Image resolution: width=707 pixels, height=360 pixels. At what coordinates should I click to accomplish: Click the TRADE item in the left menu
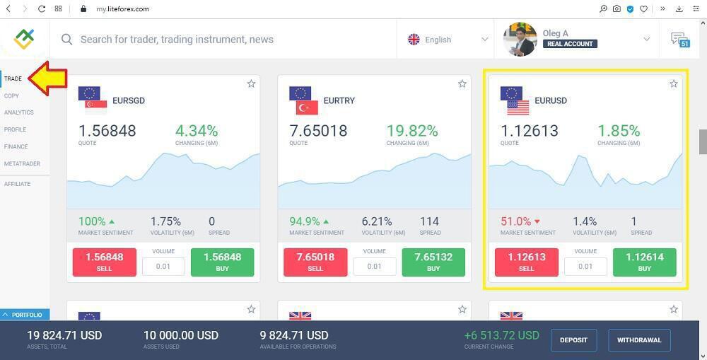(x=13, y=79)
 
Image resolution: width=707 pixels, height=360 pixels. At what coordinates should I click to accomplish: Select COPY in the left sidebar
(x=11, y=95)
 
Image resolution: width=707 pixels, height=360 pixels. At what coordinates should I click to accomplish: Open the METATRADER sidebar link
(x=22, y=163)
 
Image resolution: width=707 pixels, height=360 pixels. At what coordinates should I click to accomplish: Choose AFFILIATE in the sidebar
(x=17, y=184)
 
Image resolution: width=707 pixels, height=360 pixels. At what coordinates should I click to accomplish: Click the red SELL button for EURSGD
(x=104, y=262)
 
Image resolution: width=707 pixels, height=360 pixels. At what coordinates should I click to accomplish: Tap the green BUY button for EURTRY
(x=433, y=262)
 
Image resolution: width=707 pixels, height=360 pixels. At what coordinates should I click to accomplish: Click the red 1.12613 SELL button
(x=526, y=262)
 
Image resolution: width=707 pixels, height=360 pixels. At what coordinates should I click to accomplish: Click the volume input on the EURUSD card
(x=585, y=266)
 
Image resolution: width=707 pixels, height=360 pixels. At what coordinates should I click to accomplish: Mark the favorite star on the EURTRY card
(x=462, y=84)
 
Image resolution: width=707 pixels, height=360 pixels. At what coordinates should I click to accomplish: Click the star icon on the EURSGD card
(x=251, y=84)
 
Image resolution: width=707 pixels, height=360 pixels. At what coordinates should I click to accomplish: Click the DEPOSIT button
(x=573, y=340)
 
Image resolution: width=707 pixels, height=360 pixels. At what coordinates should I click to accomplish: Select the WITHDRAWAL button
(x=639, y=340)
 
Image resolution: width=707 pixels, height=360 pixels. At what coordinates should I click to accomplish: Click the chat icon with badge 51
(x=679, y=39)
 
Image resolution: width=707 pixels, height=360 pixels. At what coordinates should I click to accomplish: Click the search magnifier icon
(x=67, y=40)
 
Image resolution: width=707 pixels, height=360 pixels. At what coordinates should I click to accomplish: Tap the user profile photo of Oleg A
(x=520, y=40)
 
